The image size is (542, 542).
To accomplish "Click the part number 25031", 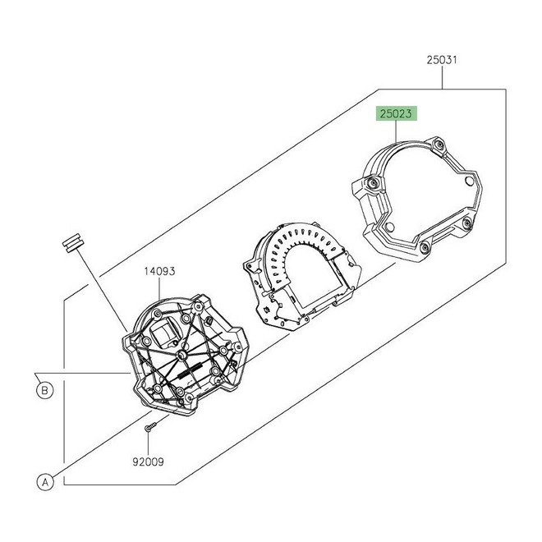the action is point(442,60).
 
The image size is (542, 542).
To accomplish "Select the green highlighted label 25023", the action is point(396,113).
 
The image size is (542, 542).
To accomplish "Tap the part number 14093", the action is point(159,271).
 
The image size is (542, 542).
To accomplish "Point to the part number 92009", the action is point(148,462).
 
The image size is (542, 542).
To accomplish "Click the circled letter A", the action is point(45,482).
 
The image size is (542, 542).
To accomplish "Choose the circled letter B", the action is point(44,391).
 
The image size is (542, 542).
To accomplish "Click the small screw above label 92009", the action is point(150,426).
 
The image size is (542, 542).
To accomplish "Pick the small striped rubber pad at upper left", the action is point(72,242).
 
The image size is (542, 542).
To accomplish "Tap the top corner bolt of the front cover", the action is point(439,144).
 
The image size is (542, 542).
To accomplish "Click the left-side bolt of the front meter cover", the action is point(373,183).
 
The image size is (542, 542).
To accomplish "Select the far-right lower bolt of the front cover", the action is point(467,223).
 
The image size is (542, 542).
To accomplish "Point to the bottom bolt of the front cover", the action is point(425,247).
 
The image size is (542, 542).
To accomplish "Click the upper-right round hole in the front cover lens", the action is point(469,181).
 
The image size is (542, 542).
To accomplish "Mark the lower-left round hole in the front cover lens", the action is point(389,227).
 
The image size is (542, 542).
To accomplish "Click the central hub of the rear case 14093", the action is point(181,355).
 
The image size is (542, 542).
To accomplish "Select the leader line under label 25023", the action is point(396,131).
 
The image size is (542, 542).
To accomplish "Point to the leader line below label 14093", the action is point(159,288).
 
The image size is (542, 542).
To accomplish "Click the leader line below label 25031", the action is point(443,78).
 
